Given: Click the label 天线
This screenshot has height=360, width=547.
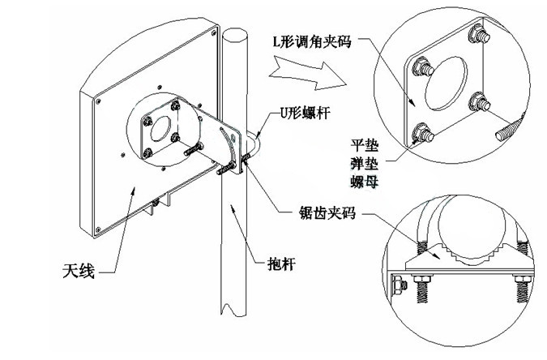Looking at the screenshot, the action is click(x=79, y=271).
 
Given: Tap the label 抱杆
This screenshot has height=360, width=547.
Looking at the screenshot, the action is click(x=281, y=264).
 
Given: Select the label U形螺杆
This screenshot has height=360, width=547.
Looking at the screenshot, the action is click(x=305, y=113).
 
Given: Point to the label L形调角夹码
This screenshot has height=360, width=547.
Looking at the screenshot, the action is click(x=311, y=41).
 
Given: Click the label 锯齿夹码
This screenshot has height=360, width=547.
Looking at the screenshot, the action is click(x=327, y=212).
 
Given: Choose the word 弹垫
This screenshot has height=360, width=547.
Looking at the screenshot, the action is click(x=364, y=164).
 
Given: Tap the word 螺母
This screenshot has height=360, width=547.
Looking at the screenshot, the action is click(x=364, y=182).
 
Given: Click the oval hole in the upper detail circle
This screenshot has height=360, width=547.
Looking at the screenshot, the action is click(x=446, y=84).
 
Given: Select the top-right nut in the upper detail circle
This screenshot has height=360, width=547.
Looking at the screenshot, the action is click(x=479, y=33).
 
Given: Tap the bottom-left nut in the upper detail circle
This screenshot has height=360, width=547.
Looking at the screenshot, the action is click(x=422, y=133).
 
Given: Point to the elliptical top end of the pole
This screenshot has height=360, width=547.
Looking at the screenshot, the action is click(x=234, y=35).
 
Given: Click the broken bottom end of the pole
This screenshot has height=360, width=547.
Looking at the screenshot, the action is click(x=233, y=310).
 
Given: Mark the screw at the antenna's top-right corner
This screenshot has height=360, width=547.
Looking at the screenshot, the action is click(x=214, y=33).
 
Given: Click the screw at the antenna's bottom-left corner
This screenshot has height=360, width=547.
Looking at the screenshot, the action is click(x=98, y=229).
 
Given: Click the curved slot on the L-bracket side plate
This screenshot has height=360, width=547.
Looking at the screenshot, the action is click(x=229, y=148).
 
